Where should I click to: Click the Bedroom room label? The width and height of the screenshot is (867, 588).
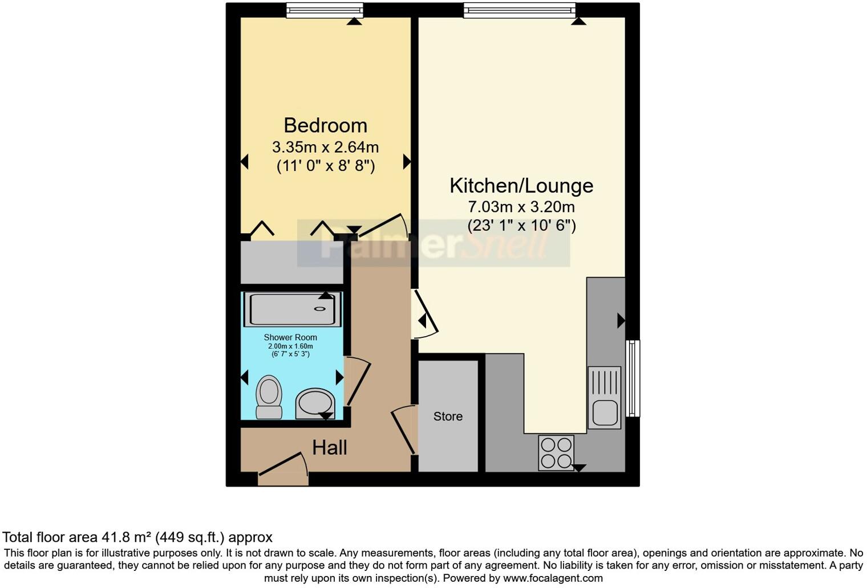(325, 125)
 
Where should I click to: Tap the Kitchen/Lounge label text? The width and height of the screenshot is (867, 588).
(521, 186)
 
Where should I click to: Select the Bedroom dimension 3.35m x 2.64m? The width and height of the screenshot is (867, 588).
(325, 147)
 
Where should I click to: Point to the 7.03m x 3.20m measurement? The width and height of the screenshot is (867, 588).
(521, 207)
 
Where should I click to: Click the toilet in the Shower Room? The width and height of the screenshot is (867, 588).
(269, 397)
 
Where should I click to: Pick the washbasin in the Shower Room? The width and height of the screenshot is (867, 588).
(314, 403)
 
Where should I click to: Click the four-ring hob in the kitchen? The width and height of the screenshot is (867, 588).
(556, 452)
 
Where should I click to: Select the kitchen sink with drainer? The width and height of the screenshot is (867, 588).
(604, 397)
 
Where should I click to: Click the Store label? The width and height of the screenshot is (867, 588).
(448, 416)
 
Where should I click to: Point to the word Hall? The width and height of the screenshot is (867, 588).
(329, 448)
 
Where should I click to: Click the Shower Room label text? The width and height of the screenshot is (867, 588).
(290, 337)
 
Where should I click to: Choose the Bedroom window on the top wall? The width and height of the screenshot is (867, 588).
(325, 10)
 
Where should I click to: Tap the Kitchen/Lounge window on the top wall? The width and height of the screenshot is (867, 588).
(519, 10)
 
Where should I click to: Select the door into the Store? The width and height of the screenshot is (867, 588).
(404, 429)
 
